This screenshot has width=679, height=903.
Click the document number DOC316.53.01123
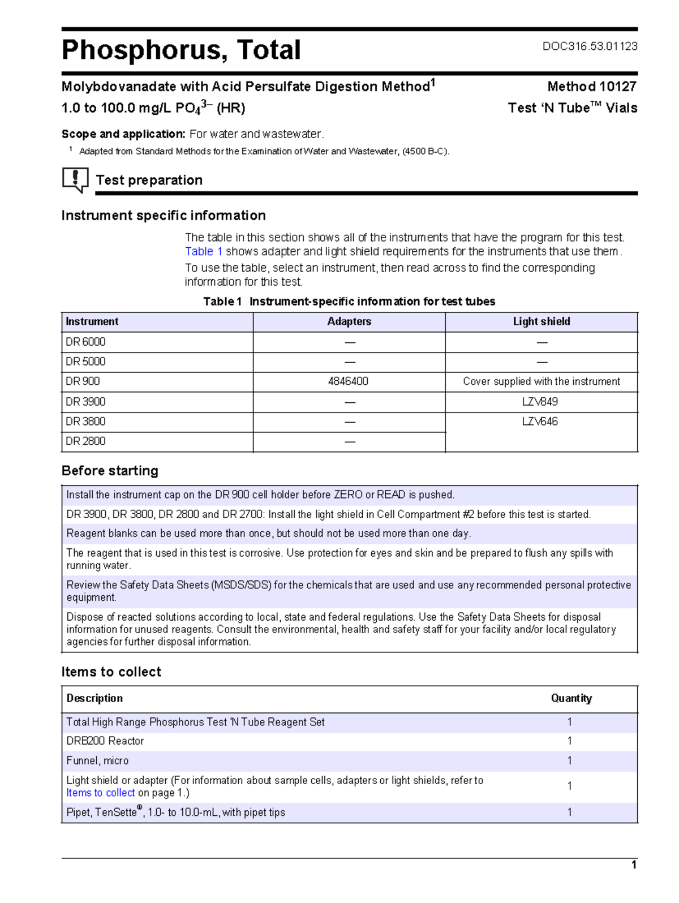coord(590,46)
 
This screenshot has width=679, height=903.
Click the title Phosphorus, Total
coord(181,50)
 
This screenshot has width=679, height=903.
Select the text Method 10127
coord(591,87)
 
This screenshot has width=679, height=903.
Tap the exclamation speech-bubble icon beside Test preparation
coord(75,179)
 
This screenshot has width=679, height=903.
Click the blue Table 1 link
coord(203,252)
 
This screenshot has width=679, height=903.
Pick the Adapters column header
coord(349,321)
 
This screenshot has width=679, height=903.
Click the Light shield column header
coord(541,321)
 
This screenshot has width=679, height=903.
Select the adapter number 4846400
coord(348,381)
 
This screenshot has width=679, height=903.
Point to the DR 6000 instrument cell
coord(86,342)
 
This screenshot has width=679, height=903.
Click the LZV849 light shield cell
coord(540,402)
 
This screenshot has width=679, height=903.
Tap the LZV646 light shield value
coord(540,422)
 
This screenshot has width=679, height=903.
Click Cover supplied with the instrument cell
coord(541,381)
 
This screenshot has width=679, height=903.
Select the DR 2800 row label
coord(86,441)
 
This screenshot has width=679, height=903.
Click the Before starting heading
coord(110,471)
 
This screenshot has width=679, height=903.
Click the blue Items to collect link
coord(101,793)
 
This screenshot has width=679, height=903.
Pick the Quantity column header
coord(571,698)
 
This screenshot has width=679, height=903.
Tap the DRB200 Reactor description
coord(105,741)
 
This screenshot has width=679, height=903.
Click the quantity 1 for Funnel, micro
coord(569,760)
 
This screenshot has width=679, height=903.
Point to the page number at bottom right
coord(634,865)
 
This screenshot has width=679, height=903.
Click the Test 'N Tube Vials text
coord(572,108)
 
